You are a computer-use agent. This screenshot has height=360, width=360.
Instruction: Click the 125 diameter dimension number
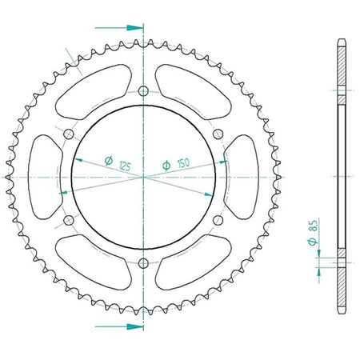coord(125,166)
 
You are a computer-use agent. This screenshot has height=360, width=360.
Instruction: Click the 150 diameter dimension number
coord(183,162)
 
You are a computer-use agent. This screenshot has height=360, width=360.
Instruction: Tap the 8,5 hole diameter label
coord(314,226)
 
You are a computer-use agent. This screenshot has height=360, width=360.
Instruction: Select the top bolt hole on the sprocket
coord(143,91)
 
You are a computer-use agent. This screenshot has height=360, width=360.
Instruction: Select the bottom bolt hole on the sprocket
coord(143,263)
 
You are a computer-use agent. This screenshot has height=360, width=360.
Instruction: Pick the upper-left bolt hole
coord(69,134)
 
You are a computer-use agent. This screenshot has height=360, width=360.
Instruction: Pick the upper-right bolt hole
coord(218,134)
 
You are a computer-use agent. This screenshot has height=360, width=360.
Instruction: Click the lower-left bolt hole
coord(69,220)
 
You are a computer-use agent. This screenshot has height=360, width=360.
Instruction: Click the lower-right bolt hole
coord(218,220)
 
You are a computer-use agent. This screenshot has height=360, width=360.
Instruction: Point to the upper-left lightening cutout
coord(94,91)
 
